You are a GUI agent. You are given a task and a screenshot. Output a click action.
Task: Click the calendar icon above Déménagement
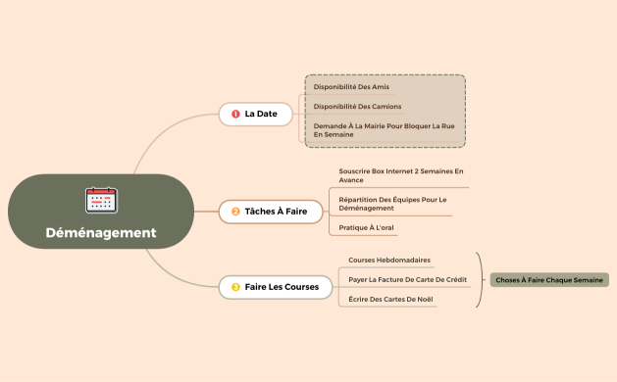point(101,200)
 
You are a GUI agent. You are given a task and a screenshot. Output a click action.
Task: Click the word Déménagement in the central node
point(101,233)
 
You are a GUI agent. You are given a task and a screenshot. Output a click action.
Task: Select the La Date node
point(260,115)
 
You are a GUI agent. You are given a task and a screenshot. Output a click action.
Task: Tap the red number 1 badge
point(235,115)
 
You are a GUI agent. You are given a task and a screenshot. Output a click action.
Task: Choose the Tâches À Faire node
point(270,211)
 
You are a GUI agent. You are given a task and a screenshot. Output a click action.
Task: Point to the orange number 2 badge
point(235,211)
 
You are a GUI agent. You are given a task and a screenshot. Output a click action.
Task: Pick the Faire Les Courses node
point(275,286)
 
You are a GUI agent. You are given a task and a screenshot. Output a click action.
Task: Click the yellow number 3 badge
point(235,286)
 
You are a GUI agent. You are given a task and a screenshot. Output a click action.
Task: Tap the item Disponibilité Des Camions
point(357,106)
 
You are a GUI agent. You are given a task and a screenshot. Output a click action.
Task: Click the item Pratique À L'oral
point(366,227)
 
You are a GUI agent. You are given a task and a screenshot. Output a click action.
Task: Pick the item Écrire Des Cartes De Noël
point(391,299)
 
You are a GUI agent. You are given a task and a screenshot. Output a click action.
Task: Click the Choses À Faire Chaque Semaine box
point(549,280)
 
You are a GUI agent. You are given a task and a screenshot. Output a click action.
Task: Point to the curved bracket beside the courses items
point(480,280)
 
